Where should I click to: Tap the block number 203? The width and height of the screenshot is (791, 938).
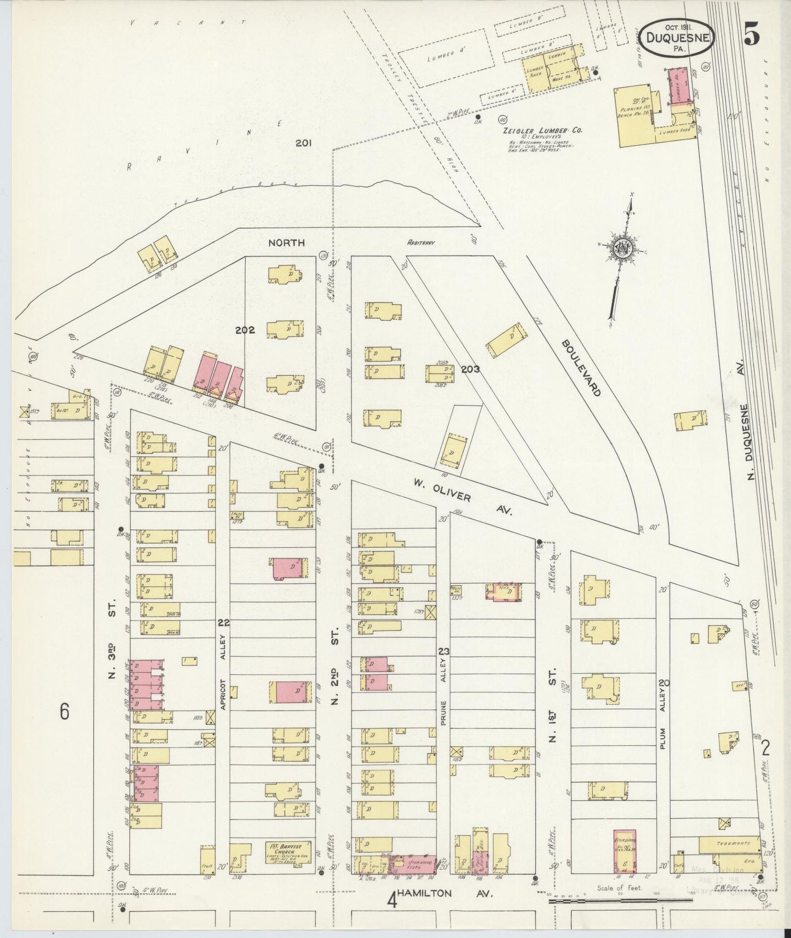tap(470, 369)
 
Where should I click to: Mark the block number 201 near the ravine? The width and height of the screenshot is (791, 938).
tap(303, 143)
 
